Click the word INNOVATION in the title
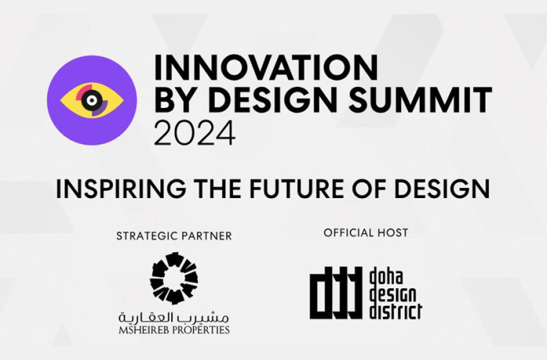click(266, 68)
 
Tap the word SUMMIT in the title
click(420, 99)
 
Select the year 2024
click(194, 133)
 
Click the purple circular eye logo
click(91, 101)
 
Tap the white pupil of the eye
click(91, 101)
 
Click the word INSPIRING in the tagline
click(121, 189)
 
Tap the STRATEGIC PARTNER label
click(173, 236)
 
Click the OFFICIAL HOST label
click(366, 233)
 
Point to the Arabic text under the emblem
click(173, 317)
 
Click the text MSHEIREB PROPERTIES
click(173, 330)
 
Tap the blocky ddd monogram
click(335, 292)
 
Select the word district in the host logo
click(395, 311)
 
